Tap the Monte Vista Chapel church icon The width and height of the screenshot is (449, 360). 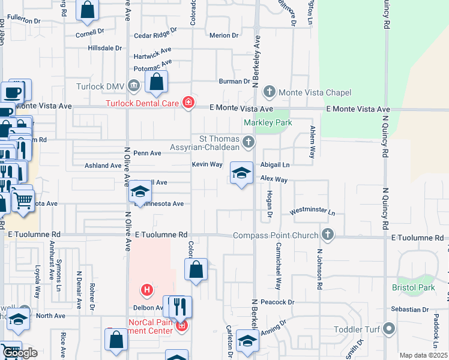click(x=270, y=92)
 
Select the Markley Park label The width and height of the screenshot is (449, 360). click(x=268, y=122)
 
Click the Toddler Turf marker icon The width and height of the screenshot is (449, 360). click(x=390, y=328)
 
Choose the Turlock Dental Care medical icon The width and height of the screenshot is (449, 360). click(x=188, y=103)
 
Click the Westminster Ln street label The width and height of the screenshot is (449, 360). click(x=312, y=212)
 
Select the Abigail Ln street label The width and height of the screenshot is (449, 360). click(x=275, y=165)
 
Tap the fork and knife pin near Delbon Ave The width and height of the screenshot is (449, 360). click(x=181, y=307)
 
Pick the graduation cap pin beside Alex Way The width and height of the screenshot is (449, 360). click(x=241, y=174)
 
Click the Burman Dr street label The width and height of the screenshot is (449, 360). click(x=234, y=81)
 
